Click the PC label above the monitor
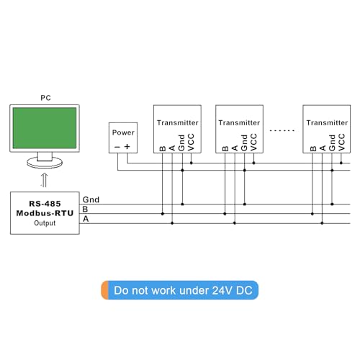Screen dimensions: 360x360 click(45, 98)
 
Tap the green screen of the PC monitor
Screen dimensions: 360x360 click(45, 128)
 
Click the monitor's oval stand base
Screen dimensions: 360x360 click(45, 163)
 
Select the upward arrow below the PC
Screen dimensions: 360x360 click(44, 180)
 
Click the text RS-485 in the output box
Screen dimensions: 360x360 click(45, 204)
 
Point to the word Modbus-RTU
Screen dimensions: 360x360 click(45, 213)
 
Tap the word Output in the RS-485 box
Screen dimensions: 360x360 click(45, 223)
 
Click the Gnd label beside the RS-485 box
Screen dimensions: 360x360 click(91, 199)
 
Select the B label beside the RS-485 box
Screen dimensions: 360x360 click(85, 210)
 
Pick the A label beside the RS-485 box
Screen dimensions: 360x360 click(86, 219)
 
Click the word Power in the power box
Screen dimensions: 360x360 click(123, 132)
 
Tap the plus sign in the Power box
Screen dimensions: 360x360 click(127, 146)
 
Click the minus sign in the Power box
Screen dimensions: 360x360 click(117, 147)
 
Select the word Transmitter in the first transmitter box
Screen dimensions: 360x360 click(178, 122)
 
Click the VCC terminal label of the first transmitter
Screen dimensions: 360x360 click(191, 143)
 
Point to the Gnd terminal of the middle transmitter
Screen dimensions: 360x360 click(244, 143)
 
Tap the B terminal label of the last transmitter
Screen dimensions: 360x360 click(313, 148)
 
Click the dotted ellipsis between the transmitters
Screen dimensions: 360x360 click(282, 130)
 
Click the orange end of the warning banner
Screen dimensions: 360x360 click(105, 290)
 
